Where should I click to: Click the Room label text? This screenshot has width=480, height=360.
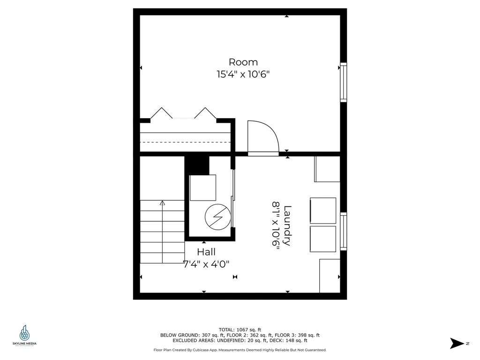click(243, 62)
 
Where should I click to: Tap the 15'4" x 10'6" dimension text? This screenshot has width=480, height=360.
click(243, 74)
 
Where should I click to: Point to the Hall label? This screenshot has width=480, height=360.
click(206, 252)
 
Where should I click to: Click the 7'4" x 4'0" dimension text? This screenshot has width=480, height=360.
click(206, 264)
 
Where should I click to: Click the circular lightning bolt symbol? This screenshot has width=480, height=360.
click(216, 217)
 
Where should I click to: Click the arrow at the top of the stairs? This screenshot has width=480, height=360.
click(162, 203)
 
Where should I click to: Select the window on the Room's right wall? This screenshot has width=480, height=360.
click(343, 82)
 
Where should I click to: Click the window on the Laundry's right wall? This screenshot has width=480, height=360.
click(343, 232)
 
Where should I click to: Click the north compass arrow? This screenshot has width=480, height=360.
click(456, 343)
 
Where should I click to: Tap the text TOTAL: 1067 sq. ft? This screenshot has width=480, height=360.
click(240, 329)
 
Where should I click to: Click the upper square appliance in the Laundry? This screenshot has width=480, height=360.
click(323, 210)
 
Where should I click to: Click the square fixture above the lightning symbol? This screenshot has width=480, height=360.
click(202, 187)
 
